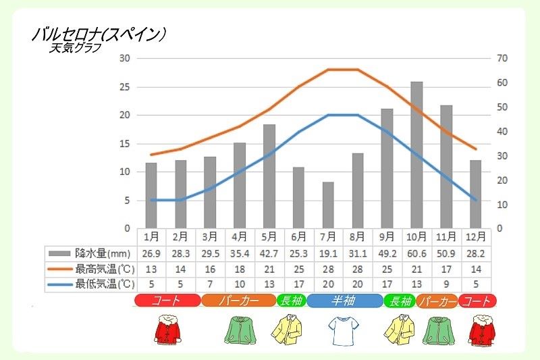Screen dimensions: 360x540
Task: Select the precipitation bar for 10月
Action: tap(416, 155)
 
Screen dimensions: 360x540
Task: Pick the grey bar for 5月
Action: tap(269, 176)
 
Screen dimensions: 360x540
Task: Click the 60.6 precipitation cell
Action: tap(416, 253)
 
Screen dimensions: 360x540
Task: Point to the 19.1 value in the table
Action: tap(327, 253)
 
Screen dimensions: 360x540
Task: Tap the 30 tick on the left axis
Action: tap(124, 58)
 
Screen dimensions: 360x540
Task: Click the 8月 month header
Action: tap(357, 236)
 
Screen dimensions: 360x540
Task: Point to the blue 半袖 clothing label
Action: tap(343, 301)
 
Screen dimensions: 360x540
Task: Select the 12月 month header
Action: tap(475, 236)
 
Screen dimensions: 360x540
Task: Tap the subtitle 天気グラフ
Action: tap(74, 48)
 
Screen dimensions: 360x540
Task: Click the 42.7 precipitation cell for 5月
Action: tap(269, 253)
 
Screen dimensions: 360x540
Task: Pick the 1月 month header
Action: tap(151, 236)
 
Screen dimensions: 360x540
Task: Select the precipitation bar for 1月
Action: tap(151, 195)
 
